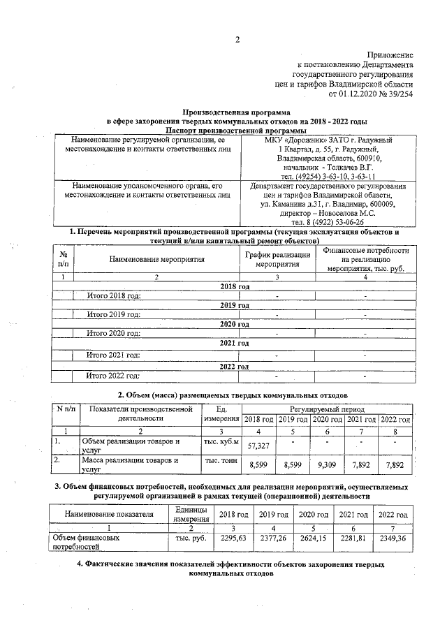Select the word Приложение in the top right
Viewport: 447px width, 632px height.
[390, 54]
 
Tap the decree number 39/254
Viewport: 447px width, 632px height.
[397, 91]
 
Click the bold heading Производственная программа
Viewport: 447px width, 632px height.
[236, 112]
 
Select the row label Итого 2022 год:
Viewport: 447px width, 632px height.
[114, 376]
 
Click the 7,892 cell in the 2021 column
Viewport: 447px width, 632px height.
[361, 464]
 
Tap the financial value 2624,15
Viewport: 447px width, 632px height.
[312, 538]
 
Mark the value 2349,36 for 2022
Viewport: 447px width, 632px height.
[393, 538]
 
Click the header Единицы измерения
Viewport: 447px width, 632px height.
[189, 514]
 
